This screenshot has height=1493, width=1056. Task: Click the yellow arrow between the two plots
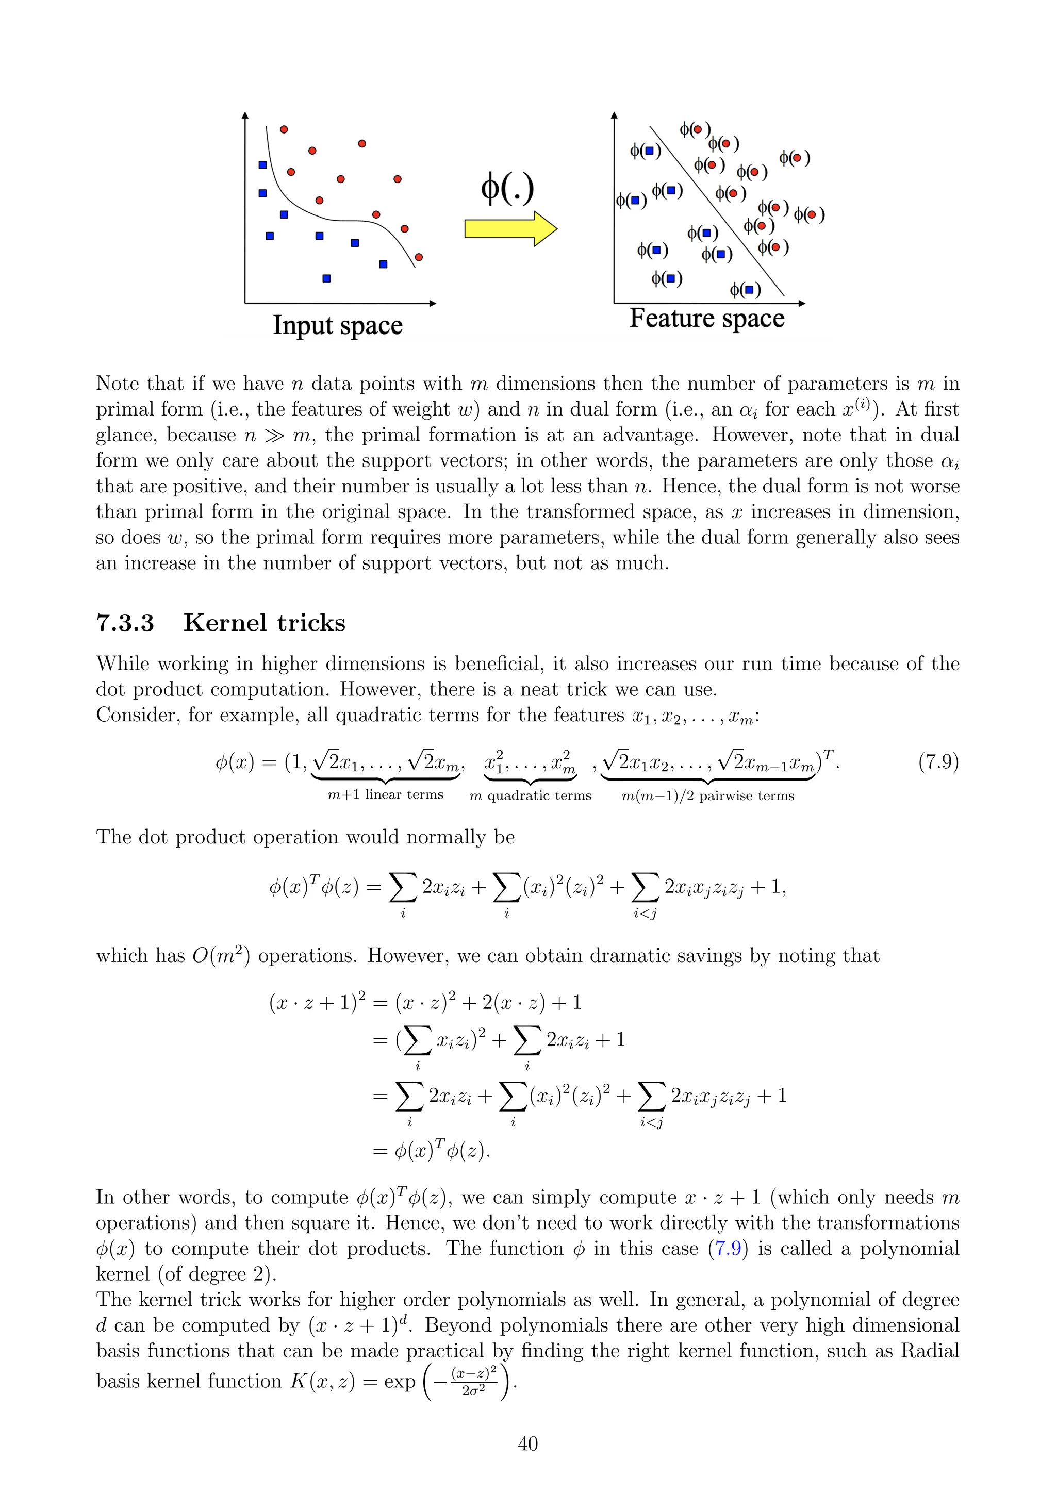tap(510, 229)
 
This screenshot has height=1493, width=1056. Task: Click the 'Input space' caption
tap(338, 325)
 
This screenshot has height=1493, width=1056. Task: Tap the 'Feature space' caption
tap(707, 319)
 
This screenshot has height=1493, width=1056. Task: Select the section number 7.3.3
tap(125, 623)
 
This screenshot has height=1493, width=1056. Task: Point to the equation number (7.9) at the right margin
tap(938, 761)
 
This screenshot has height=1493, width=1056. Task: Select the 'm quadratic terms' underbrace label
tap(531, 795)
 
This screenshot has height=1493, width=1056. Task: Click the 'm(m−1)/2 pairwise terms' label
tap(707, 795)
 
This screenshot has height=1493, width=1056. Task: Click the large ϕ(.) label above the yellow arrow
tap(507, 189)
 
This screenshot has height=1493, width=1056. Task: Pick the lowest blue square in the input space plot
tap(326, 278)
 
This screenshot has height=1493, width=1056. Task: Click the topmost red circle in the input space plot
tap(284, 129)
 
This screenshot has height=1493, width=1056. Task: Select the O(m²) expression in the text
tap(221, 956)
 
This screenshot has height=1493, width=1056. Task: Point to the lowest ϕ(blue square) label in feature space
tap(745, 289)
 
